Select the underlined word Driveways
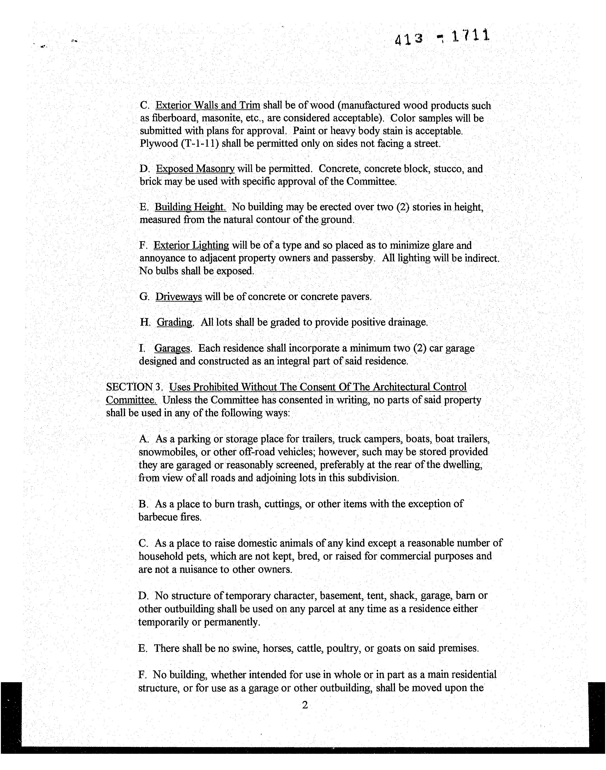[178, 297]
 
